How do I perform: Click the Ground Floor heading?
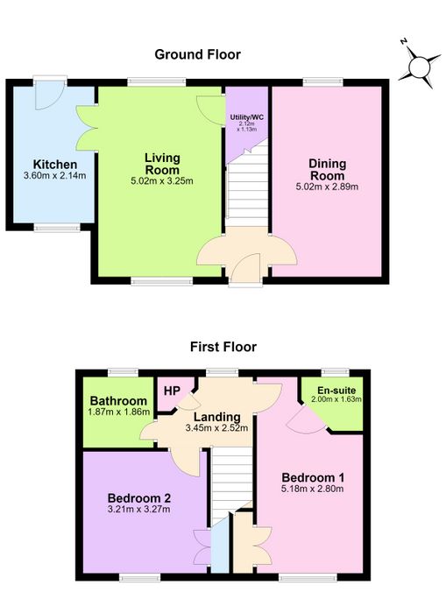tap(197, 54)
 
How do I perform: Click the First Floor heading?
tap(223, 347)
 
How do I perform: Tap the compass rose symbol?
tap(419, 66)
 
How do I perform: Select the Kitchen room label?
tap(55, 165)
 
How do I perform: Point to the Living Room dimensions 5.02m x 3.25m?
tap(162, 181)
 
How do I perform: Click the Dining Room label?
tap(327, 169)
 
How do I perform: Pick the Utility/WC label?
tap(246, 117)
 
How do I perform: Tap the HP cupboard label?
tap(172, 391)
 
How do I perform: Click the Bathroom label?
tap(118, 401)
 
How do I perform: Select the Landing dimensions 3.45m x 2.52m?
tap(216, 428)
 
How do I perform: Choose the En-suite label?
tap(336, 391)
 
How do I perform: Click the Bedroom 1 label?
tap(313, 477)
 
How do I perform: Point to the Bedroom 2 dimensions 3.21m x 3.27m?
tap(139, 510)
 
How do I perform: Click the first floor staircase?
tap(232, 486)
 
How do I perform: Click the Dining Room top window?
tap(323, 81)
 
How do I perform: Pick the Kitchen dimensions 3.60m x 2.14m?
tap(55, 175)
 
